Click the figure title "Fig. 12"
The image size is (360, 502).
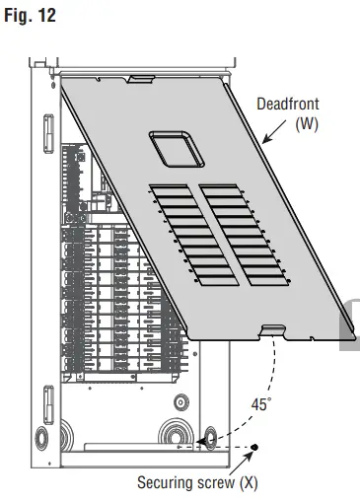[x=30, y=16]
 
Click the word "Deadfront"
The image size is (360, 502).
[x=288, y=104]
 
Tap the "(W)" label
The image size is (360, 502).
[x=307, y=124]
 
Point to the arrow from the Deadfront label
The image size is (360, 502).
[x=274, y=131]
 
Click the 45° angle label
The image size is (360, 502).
[x=261, y=404]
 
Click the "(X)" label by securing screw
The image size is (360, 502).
[x=249, y=483]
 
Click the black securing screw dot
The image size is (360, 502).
[x=254, y=447]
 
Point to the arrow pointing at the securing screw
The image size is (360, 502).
[x=242, y=463]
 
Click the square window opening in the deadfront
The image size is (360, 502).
[x=177, y=149]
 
